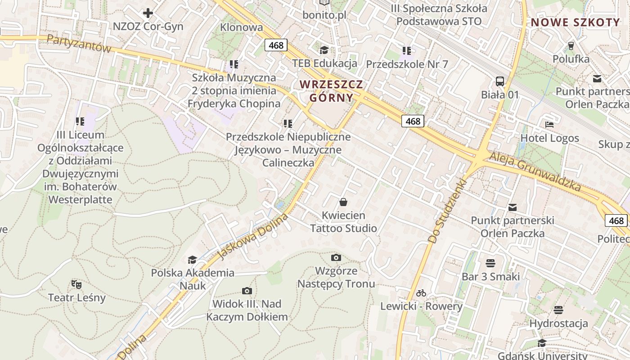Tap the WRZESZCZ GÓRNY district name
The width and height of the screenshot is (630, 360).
[331, 91]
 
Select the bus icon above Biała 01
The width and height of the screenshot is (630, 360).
[499, 81]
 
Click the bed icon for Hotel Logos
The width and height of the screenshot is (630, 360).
[549, 125]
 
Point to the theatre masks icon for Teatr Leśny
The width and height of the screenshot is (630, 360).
[76, 284]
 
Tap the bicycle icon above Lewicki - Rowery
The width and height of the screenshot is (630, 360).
[421, 293]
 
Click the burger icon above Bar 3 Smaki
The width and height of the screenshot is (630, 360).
[490, 263]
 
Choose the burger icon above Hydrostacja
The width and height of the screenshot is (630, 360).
[558, 310]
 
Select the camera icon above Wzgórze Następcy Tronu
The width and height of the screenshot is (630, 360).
[336, 257]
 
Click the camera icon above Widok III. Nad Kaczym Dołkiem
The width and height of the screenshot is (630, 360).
[247, 291]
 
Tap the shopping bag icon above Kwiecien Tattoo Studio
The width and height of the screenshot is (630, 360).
[343, 202]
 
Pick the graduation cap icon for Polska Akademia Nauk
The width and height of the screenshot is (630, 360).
[192, 260]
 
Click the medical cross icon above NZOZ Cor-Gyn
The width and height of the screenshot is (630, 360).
[148, 13]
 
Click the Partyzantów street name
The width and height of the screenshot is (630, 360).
[79, 44]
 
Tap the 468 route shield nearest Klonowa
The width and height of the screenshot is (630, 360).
[275, 45]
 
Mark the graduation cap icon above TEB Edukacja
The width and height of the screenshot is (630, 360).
[324, 50]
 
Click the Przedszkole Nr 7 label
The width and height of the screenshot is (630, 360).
[407, 64]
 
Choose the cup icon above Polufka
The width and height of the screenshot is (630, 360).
[571, 45]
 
